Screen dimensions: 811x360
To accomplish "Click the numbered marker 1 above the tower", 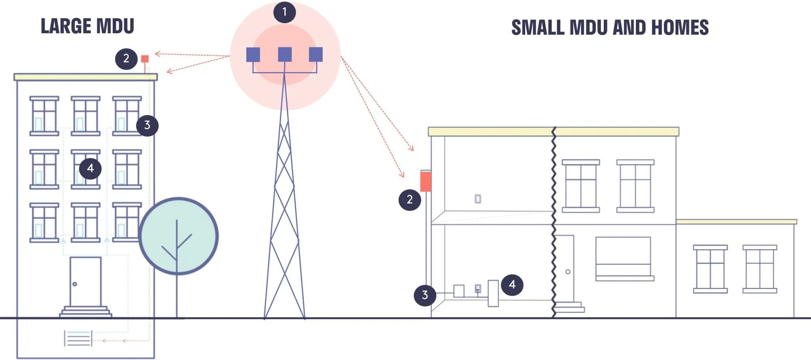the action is click(284, 12).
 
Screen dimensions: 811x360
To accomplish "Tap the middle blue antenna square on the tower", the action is click(285, 54).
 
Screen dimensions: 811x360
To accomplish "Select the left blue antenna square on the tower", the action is click(253, 55).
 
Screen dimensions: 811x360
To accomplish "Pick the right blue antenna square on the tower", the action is click(316, 54).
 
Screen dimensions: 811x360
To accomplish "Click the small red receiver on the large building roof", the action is click(145, 59).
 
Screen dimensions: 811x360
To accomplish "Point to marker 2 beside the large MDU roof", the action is click(126, 58).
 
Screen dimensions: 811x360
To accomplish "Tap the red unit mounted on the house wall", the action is click(425, 181).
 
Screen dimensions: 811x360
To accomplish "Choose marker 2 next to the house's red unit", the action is click(410, 199).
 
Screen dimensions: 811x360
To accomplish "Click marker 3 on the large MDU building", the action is click(147, 125).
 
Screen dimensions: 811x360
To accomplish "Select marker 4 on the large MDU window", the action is click(90, 168).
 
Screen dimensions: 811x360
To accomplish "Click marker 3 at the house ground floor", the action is click(425, 295).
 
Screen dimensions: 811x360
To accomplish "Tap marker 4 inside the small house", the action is click(512, 285).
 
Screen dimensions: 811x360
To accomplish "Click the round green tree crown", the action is click(178, 236).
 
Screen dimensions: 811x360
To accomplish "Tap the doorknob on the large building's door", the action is click(75, 284).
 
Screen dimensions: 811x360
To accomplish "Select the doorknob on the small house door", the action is click(568, 272).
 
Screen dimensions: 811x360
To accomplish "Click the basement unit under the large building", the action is click(78, 339).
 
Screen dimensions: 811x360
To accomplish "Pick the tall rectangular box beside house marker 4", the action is click(493, 293).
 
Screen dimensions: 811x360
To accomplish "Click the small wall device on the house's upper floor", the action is click(478, 199).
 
